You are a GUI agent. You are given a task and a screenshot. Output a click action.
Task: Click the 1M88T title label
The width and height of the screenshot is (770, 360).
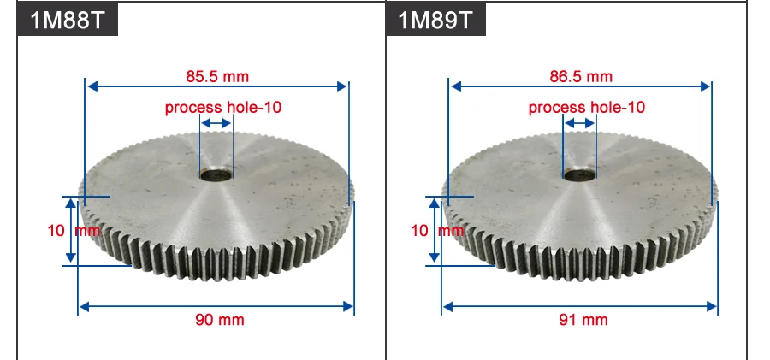(68, 20)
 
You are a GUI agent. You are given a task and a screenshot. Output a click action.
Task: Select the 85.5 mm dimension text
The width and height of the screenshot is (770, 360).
(217, 76)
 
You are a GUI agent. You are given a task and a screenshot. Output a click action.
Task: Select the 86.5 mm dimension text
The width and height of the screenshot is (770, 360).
(581, 76)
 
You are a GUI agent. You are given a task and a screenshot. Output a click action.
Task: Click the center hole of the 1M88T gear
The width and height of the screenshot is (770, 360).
(216, 176)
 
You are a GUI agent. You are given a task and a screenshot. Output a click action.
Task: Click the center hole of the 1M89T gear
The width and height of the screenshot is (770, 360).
(580, 176)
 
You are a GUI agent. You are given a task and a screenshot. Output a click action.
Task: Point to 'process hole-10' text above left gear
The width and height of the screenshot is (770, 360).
(223, 108)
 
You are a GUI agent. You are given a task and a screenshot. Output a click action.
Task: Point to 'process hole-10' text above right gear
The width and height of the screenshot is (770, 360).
(587, 108)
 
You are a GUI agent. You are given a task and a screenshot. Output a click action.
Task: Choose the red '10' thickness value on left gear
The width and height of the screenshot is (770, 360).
(56, 230)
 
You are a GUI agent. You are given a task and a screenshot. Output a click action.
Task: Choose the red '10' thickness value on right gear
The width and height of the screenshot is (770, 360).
(419, 230)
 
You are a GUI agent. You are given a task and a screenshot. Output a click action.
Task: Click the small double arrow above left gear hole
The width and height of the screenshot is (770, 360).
(216, 124)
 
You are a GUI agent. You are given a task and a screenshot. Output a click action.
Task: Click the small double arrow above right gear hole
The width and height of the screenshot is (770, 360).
(580, 124)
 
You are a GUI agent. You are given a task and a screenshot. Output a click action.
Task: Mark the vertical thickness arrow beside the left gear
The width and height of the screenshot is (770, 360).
(73, 230)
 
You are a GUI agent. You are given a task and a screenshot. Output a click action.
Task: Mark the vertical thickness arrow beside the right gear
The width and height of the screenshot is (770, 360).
(435, 230)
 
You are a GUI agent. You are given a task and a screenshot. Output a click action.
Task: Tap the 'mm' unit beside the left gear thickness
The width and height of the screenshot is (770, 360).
(88, 230)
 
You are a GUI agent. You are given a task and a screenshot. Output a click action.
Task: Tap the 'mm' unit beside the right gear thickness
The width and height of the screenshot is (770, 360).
(452, 230)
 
